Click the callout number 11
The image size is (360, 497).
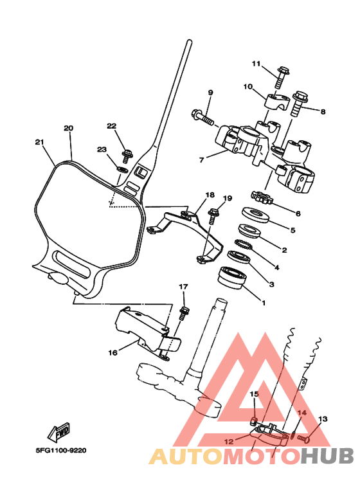256,64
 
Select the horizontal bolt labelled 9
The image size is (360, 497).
203,117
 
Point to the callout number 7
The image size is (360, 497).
202,160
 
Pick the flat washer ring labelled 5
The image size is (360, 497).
256,215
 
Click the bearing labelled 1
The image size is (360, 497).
232,278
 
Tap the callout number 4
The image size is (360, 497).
276,267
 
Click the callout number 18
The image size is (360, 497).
210,195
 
